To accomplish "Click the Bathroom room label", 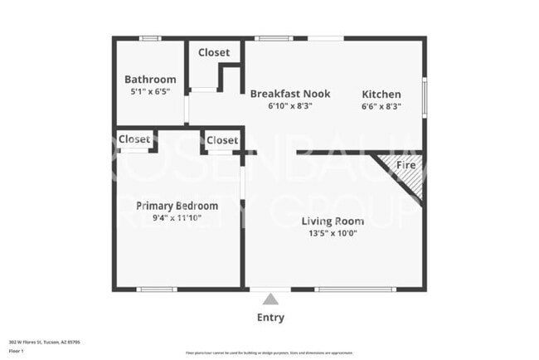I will pyautogui.click(x=150, y=80).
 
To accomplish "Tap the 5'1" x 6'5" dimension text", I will pyautogui.click(x=150, y=92).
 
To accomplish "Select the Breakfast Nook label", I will pyautogui.click(x=289, y=94).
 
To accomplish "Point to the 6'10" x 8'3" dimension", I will pyautogui.click(x=289, y=106).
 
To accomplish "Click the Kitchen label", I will pyautogui.click(x=381, y=95).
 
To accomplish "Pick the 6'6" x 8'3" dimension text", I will pyautogui.click(x=381, y=106).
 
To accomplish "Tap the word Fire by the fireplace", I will pyautogui.click(x=405, y=165).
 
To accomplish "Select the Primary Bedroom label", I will pyautogui.click(x=177, y=206).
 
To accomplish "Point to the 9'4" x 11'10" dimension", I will pyautogui.click(x=177, y=217).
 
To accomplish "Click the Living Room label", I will pyautogui.click(x=333, y=221).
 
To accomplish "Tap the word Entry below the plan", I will pyautogui.click(x=270, y=317).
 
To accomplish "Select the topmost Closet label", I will pyautogui.click(x=214, y=52).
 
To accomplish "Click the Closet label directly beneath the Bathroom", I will pyautogui.click(x=134, y=139).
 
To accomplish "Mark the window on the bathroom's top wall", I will pyautogui.click(x=150, y=38).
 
